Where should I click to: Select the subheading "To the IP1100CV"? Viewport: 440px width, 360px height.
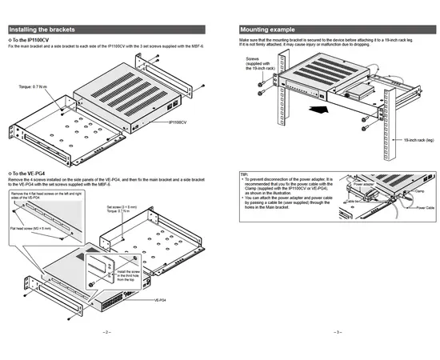(30, 40)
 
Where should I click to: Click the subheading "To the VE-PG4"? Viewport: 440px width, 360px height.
(29, 173)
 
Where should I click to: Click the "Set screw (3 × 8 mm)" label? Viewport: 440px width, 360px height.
(122, 206)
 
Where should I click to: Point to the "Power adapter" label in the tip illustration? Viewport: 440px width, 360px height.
(364, 184)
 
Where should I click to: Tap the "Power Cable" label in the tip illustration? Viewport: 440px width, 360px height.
(425, 207)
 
